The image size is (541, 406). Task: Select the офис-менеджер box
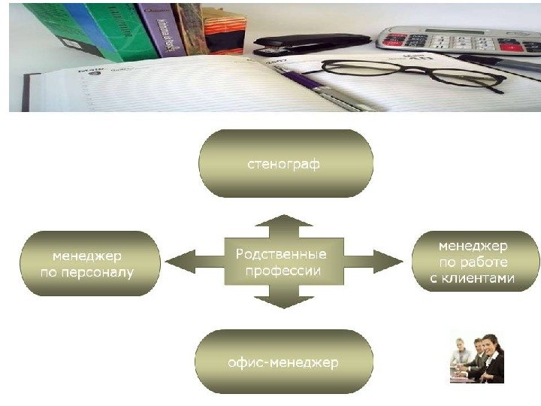pos(283,362)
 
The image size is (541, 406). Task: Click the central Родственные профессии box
pos(283,262)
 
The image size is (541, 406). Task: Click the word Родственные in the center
pos(283,254)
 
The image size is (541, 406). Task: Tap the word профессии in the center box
pos(283,271)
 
